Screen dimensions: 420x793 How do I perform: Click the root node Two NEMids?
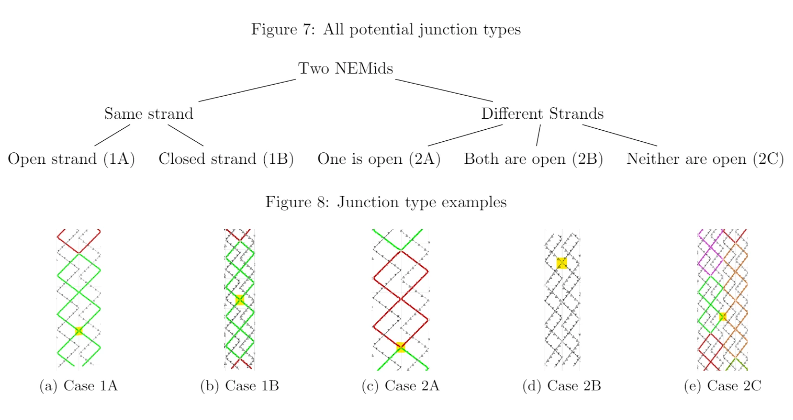(x=345, y=68)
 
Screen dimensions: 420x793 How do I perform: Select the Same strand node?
(x=149, y=114)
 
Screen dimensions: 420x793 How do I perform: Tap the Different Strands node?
(x=542, y=114)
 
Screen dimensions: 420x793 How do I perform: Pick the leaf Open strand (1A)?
(x=71, y=159)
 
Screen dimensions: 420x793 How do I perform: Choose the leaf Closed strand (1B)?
(x=226, y=159)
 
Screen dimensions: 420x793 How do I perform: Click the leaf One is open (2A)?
(x=379, y=159)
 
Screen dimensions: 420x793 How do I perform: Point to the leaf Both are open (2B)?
(x=533, y=159)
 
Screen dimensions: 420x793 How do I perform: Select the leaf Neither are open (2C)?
(x=705, y=159)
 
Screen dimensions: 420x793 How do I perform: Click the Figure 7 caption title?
(x=385, y=30)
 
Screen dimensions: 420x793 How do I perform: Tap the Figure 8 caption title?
(x=385, y=202)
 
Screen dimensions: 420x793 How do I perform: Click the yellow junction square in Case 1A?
(x=79, y=331)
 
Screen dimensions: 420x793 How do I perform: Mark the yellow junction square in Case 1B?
(x=239, y=300)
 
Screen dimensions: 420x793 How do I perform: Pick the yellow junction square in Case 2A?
(x=400, y=347)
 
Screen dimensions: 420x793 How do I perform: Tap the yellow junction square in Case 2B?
(x=562, y=263)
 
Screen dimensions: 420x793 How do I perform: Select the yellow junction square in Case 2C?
(x=722, y=316)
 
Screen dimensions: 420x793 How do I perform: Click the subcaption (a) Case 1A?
(x=78, y=386)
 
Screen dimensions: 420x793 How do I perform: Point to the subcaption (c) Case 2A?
(x=400, y=386)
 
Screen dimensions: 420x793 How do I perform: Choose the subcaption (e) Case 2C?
(x=722, y=386)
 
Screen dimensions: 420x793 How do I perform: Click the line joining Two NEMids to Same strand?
(x=247, y=90)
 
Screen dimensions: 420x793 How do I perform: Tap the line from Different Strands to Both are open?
(x=538, y=135)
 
